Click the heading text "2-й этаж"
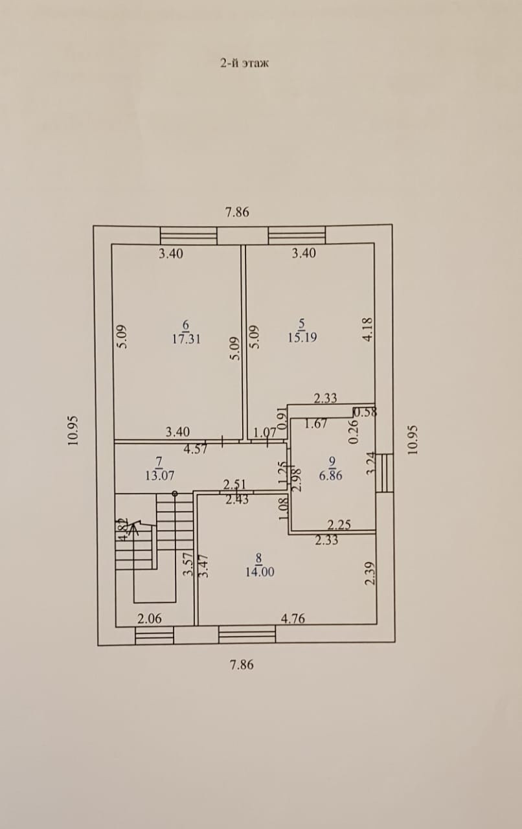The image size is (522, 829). click(244, 63)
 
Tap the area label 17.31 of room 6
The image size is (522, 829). click(185, 338)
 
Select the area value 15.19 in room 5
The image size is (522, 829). click(302, 337)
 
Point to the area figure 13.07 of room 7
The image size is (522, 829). click(159, 475)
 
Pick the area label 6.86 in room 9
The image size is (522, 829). click(331, 475)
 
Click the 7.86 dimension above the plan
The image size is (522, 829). click(237, 212)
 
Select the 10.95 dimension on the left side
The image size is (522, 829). click(73, 429)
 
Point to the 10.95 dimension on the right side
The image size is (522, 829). click(413, 440)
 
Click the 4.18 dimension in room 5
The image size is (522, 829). click(367, 328)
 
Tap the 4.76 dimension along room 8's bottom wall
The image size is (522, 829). click(293, 619)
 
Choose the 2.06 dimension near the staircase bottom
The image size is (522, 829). click(150, 619)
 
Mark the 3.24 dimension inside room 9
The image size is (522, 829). click(370, 463)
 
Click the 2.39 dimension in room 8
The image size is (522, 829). click(369, 573)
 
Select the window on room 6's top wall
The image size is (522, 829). click(188, 235)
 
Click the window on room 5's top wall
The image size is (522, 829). click(297, 235)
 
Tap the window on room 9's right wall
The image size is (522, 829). click(385, 473)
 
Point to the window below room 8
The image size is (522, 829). click(247, 635)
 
